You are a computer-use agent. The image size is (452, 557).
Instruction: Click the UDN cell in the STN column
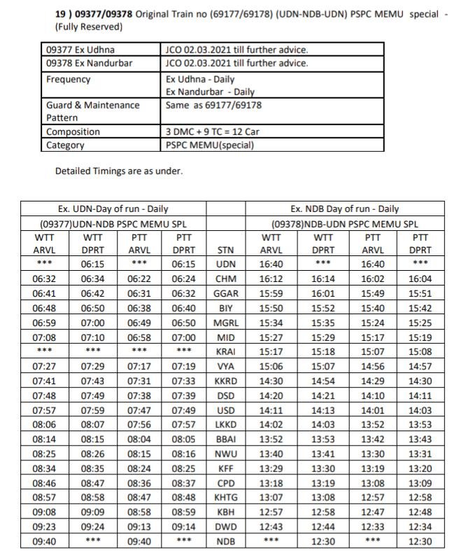point(226,265)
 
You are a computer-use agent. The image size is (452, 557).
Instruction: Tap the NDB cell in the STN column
point(226,542)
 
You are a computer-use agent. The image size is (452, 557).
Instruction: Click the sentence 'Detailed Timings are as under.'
point(118,171)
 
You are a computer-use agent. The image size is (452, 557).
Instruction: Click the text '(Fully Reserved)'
point(89,27)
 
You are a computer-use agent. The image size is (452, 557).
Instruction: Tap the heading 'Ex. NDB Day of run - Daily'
point(345,209)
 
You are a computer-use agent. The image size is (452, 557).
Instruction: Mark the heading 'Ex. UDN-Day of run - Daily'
point(113,209)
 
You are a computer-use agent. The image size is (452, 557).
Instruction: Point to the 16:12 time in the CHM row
point(271,278)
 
